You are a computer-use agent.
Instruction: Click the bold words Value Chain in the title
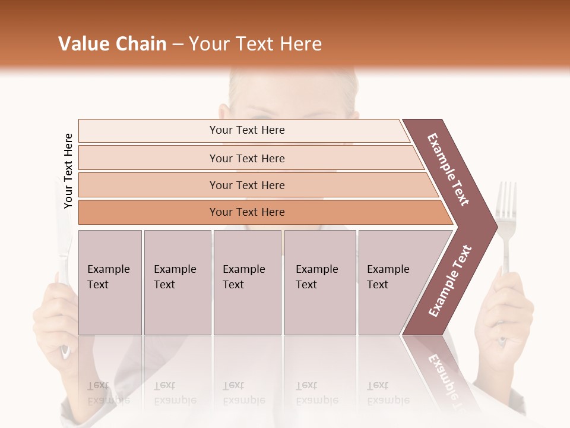click(x=112, y=44)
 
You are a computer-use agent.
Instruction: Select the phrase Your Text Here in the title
click(x=255, y=44)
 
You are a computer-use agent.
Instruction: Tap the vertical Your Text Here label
click(x=68, y=171)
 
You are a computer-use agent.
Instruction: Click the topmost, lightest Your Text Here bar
click(x=246, y=130)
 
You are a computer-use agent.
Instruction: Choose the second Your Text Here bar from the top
click(x=246, y=158)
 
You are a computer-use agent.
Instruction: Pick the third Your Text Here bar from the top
click(x=246, y=185)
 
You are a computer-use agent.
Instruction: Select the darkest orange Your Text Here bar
click(x=246, y=212)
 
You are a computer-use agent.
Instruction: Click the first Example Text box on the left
click(x=110, y=282)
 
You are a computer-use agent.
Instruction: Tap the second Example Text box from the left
click(x=177, y=282)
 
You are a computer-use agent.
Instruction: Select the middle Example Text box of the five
click(x=247, y=282)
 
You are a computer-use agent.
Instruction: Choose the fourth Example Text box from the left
click(x=320, y=282)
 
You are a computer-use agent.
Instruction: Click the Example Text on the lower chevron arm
click(x=449, y=281)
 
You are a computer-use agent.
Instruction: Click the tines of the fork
click(x=506, y=199)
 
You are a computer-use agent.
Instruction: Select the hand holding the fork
click(x=506, y=309)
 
